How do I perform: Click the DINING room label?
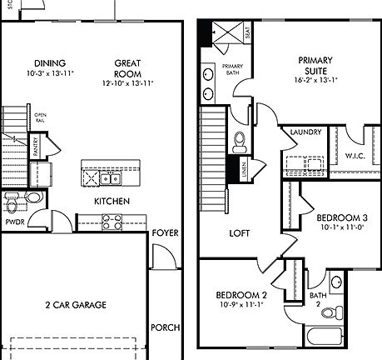49,63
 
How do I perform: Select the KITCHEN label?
110,202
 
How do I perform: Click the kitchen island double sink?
109,177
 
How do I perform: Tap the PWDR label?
13,223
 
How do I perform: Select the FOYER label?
165,232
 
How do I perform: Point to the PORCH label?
165,327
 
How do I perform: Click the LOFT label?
240,234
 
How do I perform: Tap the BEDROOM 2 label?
241,296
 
